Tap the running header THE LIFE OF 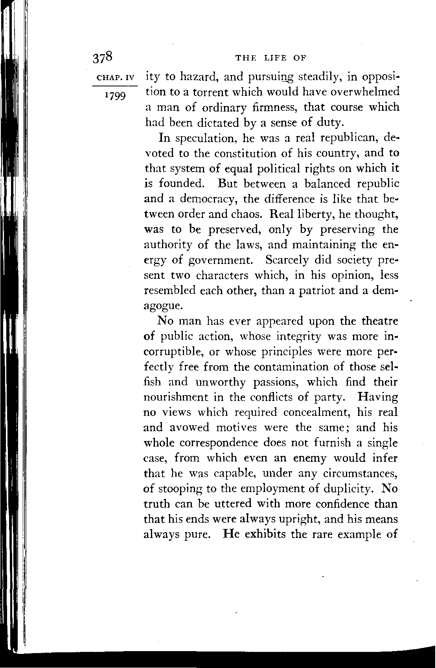[270, 59]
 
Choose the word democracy [207, 199]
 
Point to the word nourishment [176, 397]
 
